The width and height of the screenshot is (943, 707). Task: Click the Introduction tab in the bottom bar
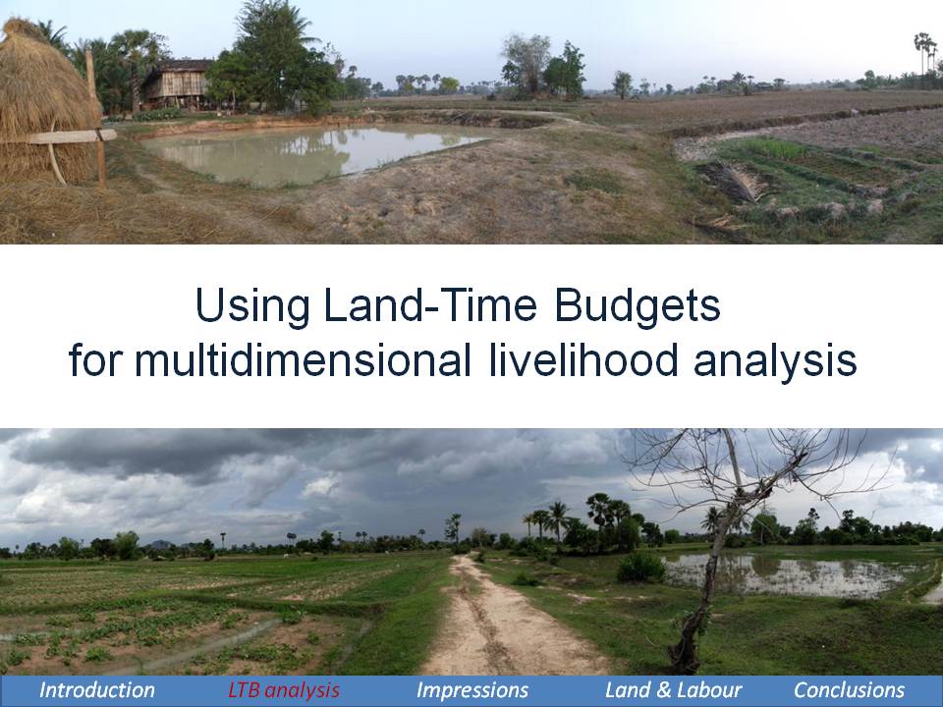click(97, 690)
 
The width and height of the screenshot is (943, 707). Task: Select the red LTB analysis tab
click(284, 690)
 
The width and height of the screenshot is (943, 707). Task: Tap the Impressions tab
click(472, 690)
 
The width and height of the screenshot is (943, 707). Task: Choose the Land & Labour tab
click(673, 690)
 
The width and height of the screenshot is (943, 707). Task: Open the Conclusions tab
click(849, 690)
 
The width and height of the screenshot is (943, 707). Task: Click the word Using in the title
click(252, 306)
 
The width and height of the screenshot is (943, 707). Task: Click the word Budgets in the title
click(637, 306)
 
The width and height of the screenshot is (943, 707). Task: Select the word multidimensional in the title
click(303, 359)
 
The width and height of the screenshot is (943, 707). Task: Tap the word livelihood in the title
click(583, 359)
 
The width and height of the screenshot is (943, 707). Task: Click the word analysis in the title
click(775, 360)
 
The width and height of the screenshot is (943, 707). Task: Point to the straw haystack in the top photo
click(45, 102)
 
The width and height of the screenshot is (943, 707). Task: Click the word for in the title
click(95, 359)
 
